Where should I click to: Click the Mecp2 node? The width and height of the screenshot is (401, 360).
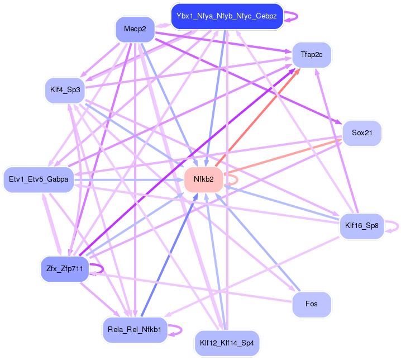click(135, 29)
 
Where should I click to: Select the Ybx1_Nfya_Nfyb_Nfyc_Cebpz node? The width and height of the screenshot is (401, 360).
click(226, 16)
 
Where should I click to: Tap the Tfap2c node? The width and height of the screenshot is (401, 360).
click(312, 54)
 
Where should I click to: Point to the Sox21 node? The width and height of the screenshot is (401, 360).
click(361, 133)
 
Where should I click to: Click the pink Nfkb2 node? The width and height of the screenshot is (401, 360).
click(204, 179)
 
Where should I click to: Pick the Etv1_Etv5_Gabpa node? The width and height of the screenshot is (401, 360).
click(39, 179)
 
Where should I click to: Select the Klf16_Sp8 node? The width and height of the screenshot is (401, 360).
click(362, 226)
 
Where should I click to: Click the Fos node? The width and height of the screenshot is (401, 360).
click(312, 304)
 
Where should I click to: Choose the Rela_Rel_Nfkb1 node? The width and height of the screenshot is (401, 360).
click(135, 330)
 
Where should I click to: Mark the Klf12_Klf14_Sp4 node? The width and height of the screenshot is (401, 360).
click(226, 343)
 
